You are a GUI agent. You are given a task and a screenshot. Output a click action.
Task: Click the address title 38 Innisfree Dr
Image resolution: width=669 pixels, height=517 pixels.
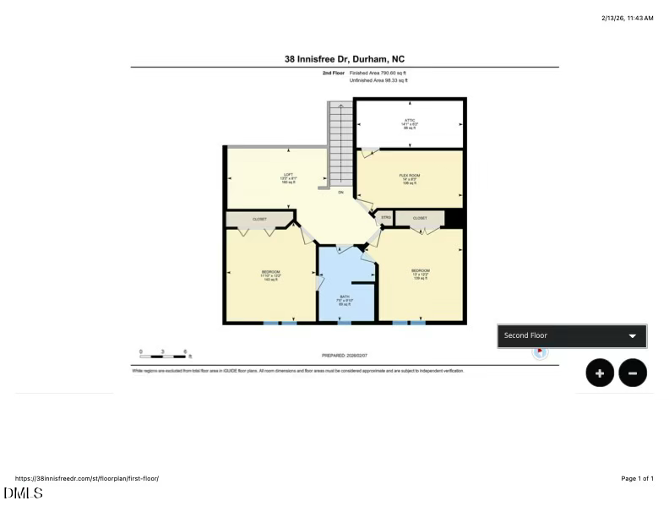pyautogui.click(x=345, y=59)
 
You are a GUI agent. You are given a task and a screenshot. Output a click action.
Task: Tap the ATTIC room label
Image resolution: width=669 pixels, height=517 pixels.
pyautogui.click(x=410, y=121)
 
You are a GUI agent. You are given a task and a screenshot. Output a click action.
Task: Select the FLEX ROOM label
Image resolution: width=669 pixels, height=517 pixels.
pyautogui.click(x=410, y=176)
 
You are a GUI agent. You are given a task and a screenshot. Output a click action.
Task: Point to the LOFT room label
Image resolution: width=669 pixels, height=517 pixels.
pyautogui.click(x=288, y=175)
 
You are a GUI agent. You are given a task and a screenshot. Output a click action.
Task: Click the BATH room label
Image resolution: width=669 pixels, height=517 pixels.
pyautogui.click(x=345, y=297)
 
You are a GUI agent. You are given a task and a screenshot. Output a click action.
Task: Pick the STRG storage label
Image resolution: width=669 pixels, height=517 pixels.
pyautogui.click(x=385, y=218)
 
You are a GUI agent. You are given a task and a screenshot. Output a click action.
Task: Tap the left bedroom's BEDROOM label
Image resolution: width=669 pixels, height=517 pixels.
pyautogui.click(x=270, y=272)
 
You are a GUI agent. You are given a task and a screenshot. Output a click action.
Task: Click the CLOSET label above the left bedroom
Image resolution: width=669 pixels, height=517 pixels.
pyautogui.click(x=259, y=219)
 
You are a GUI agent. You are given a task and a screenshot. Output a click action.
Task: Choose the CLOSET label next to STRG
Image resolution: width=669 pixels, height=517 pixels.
pyautogui.click(x=420, y=218)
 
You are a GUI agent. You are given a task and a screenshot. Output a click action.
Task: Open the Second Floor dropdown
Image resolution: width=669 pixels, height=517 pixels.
pyautogui.click(x=572, y=335)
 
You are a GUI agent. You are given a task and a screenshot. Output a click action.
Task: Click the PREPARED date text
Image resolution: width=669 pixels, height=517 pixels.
pyautogui.click(x=345, y=356)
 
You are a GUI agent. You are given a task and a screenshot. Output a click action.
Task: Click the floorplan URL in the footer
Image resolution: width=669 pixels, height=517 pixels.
pyautogui.click(x=87, y=478)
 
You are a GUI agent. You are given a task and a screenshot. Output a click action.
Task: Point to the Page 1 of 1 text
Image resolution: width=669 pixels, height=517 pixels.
pyautogui.click(x=637, y=478)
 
